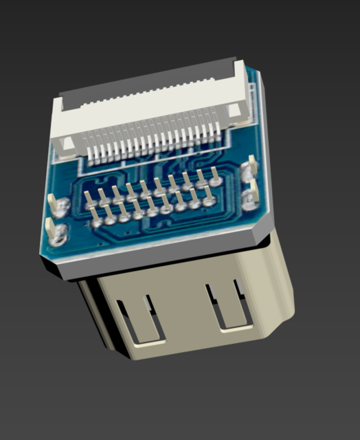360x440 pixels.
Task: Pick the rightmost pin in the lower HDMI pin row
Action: coord(208,200)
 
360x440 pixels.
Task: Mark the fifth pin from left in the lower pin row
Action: coord(152,209)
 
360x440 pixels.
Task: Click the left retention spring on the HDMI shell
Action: coord(146,318)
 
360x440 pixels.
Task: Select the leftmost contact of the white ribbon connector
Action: coord(89,153)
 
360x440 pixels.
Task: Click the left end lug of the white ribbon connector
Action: coord(67,145)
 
